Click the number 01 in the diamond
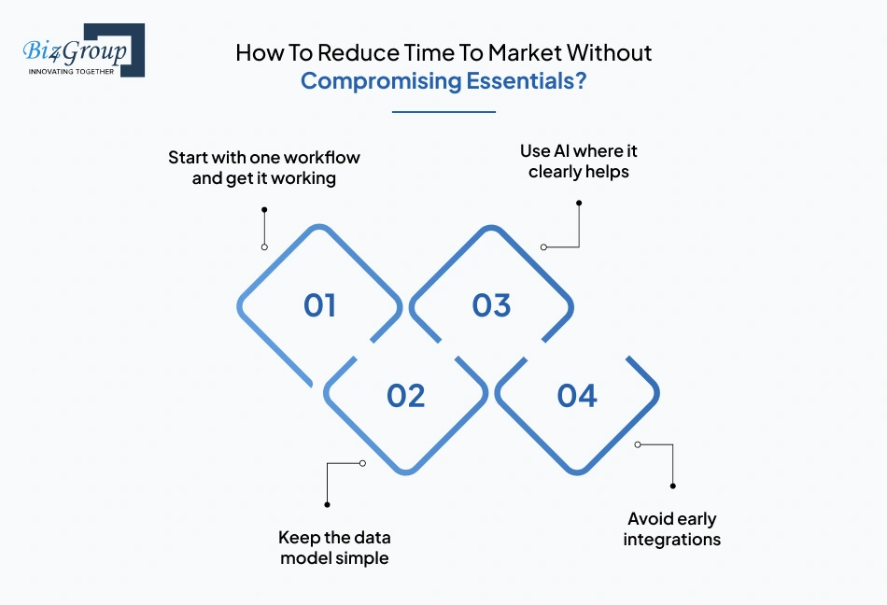pyautogui.click(x=319, y=305)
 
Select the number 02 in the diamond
pyautogui.click(x=406, y=396)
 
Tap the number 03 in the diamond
pyautogui.click(x=491, y=305)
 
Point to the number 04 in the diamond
pyautogui.click(x=577, y=396)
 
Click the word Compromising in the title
pyautogui.click(x=382, y=81)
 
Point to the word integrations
pyautogui.click(x=672, y=540)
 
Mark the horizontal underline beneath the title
pyautogui.click(x=443, y=112)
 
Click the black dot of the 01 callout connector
pyautogui.click(x=264, y=210)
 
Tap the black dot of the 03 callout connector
pyautogui.click(x=579, y=203)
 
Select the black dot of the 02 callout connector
pyautogui.click(x=327, y=504)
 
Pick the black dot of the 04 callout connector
pyautogui.click(x=673, y=485)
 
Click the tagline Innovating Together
pyautogui.click(x=71, y=71)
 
